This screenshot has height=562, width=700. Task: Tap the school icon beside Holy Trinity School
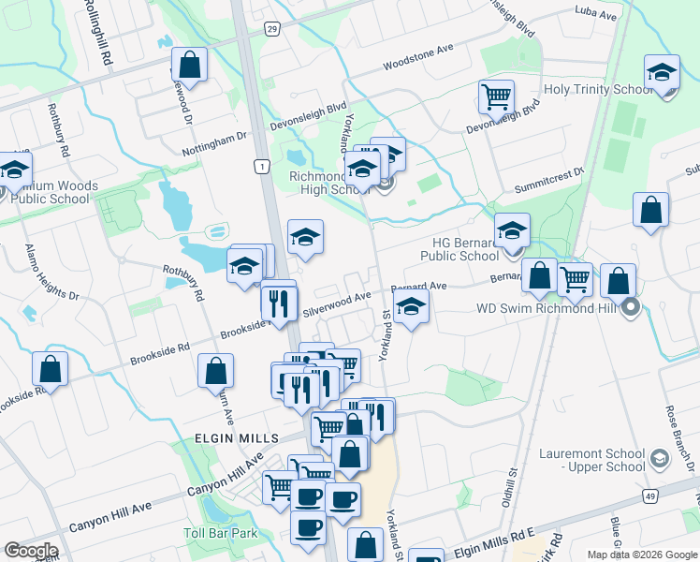tap(662, 72)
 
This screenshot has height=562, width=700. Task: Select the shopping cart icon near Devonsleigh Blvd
tap(496, 96)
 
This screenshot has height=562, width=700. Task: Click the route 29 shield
tap(270, 29)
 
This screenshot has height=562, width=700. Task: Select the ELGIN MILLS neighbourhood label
tap(238, 438)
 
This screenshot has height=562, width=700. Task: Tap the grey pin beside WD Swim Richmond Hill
tap(632, 306)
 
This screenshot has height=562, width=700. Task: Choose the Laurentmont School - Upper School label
tap(592, 460)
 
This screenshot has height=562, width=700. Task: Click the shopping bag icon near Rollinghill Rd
tap(189, 65)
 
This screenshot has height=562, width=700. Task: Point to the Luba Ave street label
tap(596, 16)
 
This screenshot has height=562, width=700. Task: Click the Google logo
tap(31, 551)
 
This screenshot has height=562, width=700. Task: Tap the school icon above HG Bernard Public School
tap(512, 229)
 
